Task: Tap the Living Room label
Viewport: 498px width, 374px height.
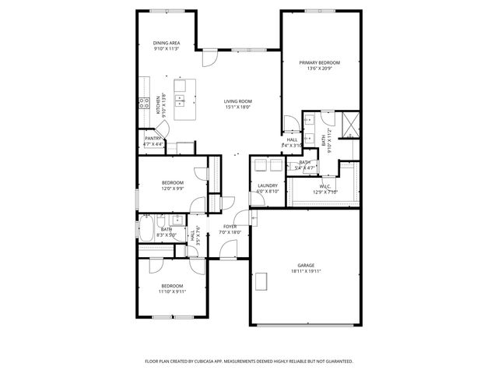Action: coord(238,101)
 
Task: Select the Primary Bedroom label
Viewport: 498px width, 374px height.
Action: coord(319,62)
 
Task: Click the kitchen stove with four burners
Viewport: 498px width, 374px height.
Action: coord(144,101)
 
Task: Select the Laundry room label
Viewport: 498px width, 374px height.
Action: coord(268,185)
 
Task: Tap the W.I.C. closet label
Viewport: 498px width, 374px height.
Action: coord(324,186)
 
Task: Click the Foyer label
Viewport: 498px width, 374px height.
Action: coord(230,226)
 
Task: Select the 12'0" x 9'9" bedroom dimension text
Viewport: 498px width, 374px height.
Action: coord(173,188)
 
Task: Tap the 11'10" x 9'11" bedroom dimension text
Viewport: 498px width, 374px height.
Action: coord(172,291)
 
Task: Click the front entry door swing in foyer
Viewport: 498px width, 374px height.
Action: coord(228,249)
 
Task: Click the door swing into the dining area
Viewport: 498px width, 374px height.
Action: coord(209,58)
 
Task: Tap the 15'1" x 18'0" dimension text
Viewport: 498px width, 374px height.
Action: coord(238,107)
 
